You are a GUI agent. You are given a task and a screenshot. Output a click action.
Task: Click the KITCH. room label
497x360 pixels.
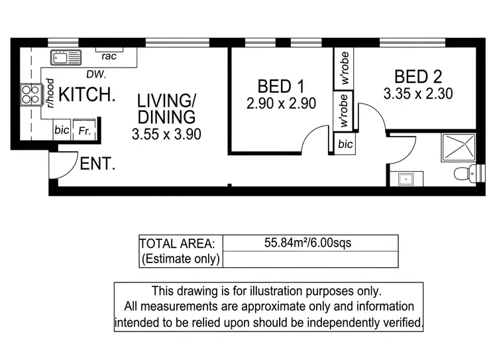pyautogui.click(x=87, y=95)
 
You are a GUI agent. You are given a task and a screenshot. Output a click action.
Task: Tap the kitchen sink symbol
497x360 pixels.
pyautogui.click(x=66, y=57)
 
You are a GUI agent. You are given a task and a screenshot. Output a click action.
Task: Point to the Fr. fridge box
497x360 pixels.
pyautogui.click(x=83, y=130)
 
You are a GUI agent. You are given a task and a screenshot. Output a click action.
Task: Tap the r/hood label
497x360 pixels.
pyautogui.click(x=50, y=93)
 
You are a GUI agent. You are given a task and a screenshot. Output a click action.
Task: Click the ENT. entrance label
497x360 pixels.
pyautogui.click(x=97, y=164)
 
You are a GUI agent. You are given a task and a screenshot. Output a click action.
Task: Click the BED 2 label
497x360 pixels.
pyautogui.click(x=417, y=76)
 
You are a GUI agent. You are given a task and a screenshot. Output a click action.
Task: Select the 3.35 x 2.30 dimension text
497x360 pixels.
pyautogui.click(x=417, y=94)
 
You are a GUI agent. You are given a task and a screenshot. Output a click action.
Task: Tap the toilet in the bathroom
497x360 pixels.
pyautogui.click(x=465, y=174)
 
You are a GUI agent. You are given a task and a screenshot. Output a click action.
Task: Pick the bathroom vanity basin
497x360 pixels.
pyautogui.click(x=404, y=178)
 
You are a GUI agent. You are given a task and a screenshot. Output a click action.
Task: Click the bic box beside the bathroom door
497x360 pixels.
pyautogui.click(x=345, y=144)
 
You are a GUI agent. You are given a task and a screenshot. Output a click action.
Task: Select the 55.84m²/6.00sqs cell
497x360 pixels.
pyautogui.click(x=310, y=243)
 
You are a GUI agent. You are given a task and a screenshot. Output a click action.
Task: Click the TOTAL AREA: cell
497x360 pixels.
pyautogui.click(x=181, y=243)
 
